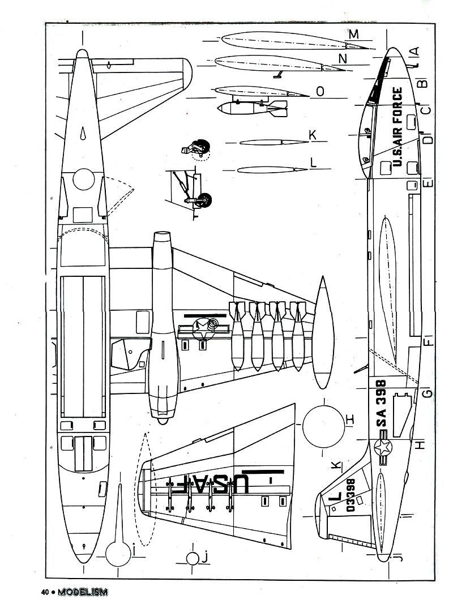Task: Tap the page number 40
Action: tap(45, 593)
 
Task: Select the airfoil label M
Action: tap(354, 35)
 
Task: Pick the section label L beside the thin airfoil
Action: tap(313, 162)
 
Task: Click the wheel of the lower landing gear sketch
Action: tap(206, 199)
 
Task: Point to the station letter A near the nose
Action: tap(414, 51)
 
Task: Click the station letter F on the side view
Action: tap(429, 341)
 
